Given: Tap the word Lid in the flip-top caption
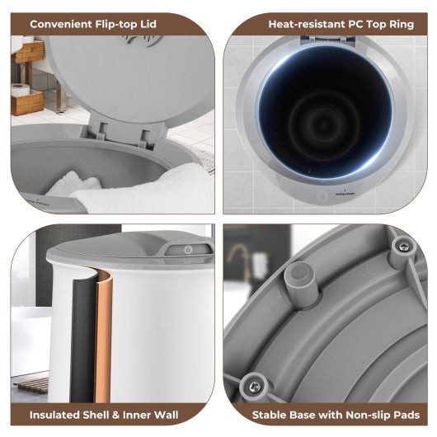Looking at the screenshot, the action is coord(148,24).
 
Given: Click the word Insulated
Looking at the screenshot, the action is coord(54,415).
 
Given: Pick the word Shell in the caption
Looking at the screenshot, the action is coord(96,415).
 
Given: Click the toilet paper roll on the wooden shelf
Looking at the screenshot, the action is coord(20,90).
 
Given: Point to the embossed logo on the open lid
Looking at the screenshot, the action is coord(143,40).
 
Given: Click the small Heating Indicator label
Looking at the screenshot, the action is coord(345,194).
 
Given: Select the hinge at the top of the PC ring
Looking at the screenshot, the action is coord(328,40).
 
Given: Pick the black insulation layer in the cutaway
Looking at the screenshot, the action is coord(82,339).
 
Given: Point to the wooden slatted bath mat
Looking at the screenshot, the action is coord(31,385).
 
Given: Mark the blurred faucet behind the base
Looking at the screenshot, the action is coord(240,259).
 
